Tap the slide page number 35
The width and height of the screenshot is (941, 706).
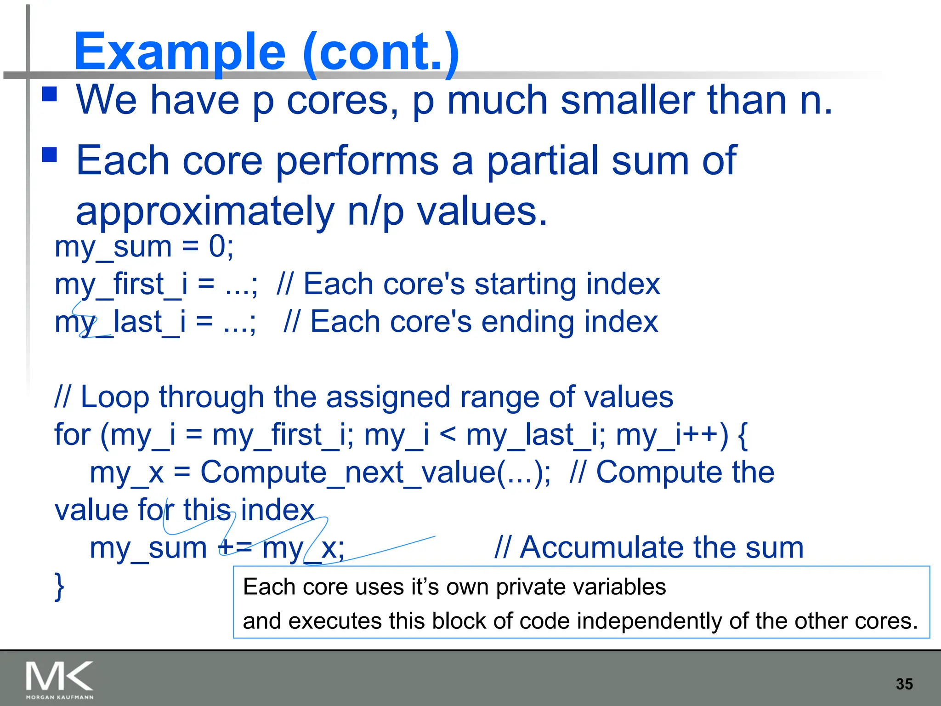904,684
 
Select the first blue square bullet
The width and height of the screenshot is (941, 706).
49,94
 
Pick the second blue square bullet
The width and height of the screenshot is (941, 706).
49,155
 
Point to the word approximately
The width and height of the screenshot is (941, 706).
204,212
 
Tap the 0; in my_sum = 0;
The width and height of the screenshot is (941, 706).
221,247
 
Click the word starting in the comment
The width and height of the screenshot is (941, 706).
520,284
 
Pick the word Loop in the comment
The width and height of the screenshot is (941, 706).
114,397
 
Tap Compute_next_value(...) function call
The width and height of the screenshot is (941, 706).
374,472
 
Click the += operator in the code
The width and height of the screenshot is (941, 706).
235,547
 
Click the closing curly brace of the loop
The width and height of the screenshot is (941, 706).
59,586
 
